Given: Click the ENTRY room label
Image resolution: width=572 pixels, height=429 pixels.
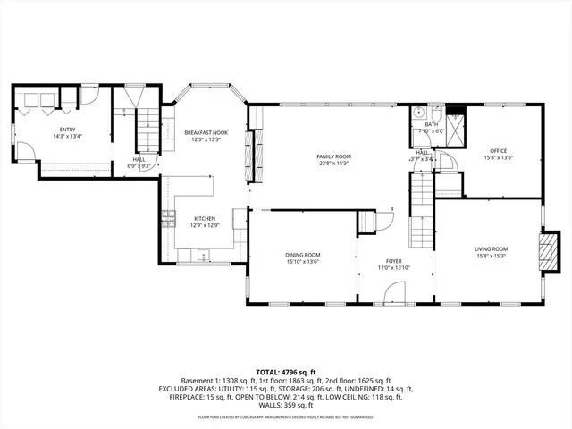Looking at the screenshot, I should pos(42,129).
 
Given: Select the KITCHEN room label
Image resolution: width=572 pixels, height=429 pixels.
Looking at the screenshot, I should pos(205,219).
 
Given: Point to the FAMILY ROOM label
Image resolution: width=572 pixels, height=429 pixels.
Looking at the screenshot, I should pos(331,156).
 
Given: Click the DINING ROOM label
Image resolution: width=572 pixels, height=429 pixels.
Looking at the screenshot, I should pos(303,255).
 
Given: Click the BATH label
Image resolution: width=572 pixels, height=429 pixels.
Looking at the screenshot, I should pos(432,124).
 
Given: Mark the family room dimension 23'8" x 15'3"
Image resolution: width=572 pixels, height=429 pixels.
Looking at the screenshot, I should pos(331,164).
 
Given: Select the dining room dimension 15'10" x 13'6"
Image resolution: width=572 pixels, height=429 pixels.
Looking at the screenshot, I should pos(303,262).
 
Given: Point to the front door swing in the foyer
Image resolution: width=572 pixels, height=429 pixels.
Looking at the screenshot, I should pos(394,292).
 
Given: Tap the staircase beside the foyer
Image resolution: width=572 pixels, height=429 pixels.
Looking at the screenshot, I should pos(421,214).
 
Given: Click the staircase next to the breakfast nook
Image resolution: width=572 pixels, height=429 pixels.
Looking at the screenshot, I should pos(147,129).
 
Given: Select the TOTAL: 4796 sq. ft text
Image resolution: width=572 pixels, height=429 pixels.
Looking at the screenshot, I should pos(286,371).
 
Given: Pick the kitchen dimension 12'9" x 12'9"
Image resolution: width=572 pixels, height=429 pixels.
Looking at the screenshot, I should pos(205,226).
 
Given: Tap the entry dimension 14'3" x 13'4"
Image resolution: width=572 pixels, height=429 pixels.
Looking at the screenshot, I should pos(42,136).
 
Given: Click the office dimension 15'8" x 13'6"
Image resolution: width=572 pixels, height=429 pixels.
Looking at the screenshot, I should pos(499,158).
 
